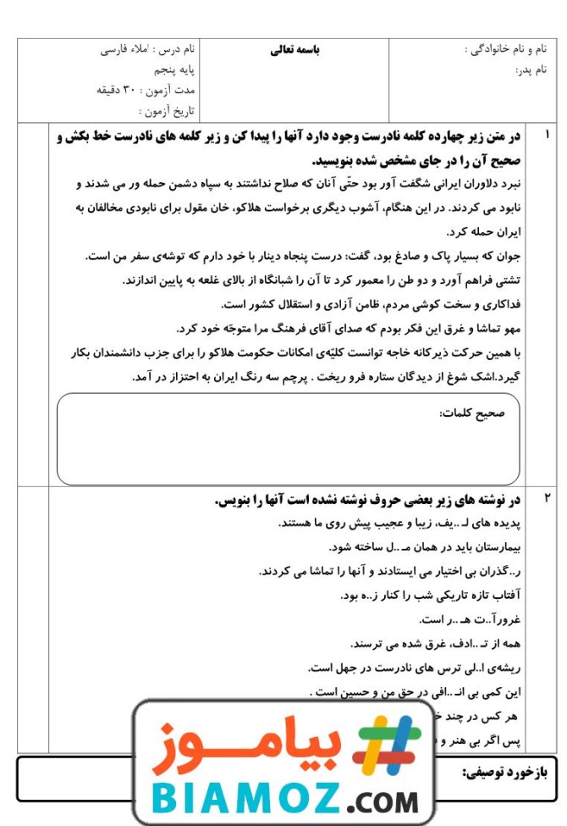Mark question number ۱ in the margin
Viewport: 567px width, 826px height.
click(547, 135)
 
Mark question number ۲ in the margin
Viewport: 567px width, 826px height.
click(547, 498)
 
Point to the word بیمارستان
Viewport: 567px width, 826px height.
click(490, 547)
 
